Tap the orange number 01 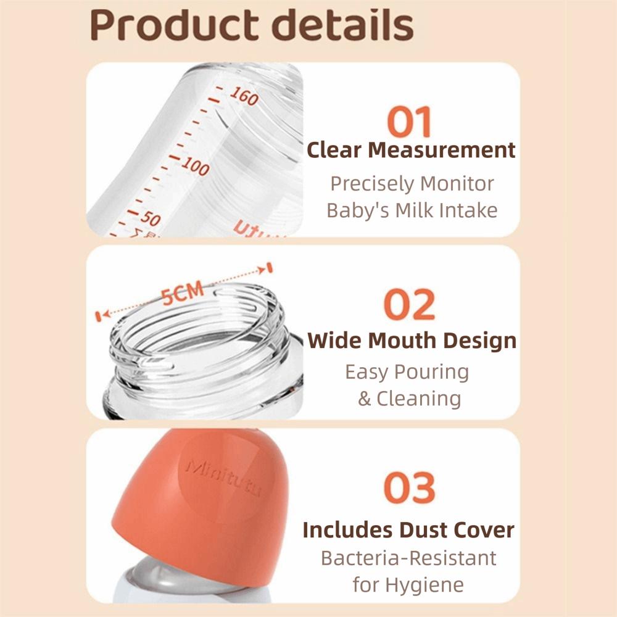pos(410,122)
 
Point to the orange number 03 pos(410,487)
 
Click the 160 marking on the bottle pos(244,96)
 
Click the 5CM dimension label pos(183,294)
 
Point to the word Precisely pos(372,183)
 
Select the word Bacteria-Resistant pos(408,558)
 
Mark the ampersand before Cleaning pos(365,399)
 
